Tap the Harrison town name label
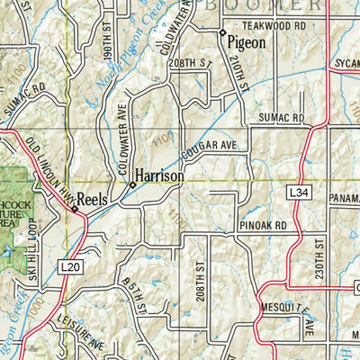(159, 177)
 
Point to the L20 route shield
(71, 268)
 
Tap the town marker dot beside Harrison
(132, 184)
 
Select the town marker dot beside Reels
(74, 210)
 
